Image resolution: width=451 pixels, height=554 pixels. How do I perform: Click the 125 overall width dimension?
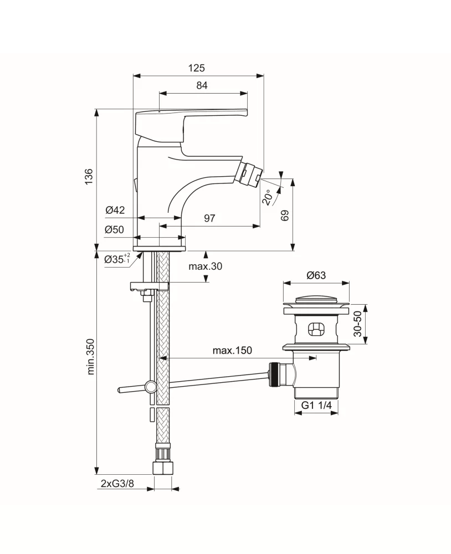coord(197,68)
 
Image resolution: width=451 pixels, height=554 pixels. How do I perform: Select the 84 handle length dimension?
coord(202,85)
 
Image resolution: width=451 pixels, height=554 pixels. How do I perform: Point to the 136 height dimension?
coord(89,176)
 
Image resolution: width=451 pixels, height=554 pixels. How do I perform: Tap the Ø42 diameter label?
coord(115,210)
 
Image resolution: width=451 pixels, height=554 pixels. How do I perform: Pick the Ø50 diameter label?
coord(115,230)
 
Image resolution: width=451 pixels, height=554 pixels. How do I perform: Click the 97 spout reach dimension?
coord(209,218)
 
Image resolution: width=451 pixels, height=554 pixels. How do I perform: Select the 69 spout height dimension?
coord(285,216)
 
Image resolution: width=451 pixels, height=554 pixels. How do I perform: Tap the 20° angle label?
coord(268,197)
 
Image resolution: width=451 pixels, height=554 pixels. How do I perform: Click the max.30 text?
coord(206,266)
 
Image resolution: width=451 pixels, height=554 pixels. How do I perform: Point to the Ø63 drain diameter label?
coord(316,275)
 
